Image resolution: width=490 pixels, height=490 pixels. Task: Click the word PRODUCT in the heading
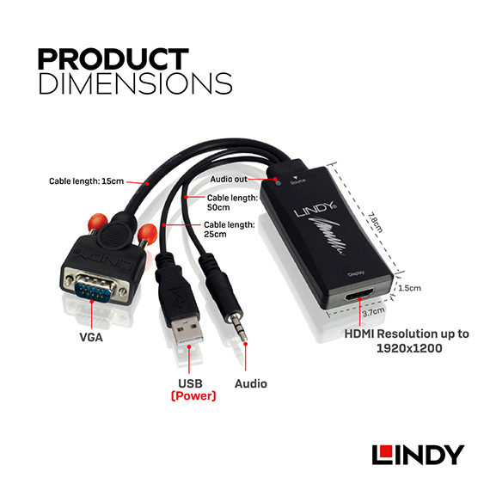pyautogui.click(x=113, y=58)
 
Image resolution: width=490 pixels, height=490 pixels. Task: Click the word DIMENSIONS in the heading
pyautogui.click(x=135, y=83)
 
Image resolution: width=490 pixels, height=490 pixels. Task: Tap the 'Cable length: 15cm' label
pyautogui.click(x=86, y=181)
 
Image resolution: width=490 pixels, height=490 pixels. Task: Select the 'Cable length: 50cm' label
pyautogui.click(x=232, y=203)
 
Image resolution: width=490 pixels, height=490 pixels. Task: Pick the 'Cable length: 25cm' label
pyautogui.click(x=230, y=230)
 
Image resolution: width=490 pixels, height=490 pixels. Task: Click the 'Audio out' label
pyautogui.click(x=229, y=180)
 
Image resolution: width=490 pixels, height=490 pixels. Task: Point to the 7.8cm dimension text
pyautogui.click(x=375, y=223)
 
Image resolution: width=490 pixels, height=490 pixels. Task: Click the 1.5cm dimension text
pyautogui.click(x=409, y=288)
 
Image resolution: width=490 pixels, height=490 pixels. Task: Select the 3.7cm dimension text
pyautogui.click(x=373, y=311)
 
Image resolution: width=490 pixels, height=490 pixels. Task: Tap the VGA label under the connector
pyautogui.click(x=91, y=338)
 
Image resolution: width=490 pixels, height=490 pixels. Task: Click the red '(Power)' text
pyautogui.click(x=193, y=396)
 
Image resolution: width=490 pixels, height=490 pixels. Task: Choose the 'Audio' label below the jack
pyautogui.click(x=251, y=383)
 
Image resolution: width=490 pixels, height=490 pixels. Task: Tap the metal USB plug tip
pyautogui.click(x=187, y=331)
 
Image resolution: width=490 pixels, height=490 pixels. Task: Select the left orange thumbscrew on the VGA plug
pyautogui.click(x=98, y=221)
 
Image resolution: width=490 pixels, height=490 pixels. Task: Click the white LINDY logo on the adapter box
pyautogui.click(x=315, y=210)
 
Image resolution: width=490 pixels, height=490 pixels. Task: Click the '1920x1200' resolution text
pyautogui.click(x=409, y=348)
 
